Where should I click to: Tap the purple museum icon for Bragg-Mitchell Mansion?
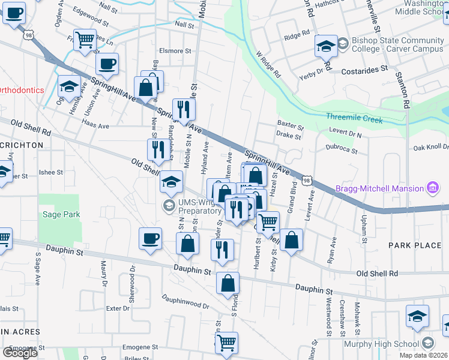coord(432,188)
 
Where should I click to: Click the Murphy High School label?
coord(381,344)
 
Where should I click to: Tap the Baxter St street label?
coord(291,124)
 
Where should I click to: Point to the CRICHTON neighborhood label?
coord(22,145)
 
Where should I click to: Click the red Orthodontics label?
coord(22,90)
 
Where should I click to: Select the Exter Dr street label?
coord(117,308)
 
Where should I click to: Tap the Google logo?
coord(20,352)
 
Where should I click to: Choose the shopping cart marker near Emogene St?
coord(227,343)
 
